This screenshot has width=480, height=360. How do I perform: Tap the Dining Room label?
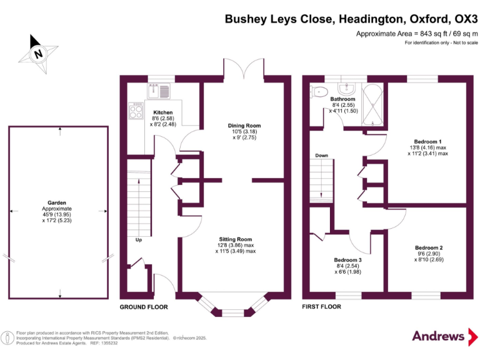[244, 126]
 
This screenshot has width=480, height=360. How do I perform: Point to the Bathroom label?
[342, 99]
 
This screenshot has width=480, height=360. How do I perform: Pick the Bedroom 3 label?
[347, 260]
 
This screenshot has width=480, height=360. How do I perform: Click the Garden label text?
[57, 203]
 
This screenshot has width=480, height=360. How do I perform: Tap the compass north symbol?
[39, 53]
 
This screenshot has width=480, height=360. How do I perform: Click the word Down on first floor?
[322, 156]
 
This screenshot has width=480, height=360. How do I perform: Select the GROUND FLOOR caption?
[144, 307]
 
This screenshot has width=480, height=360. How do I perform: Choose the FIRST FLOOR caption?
[321, 307]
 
